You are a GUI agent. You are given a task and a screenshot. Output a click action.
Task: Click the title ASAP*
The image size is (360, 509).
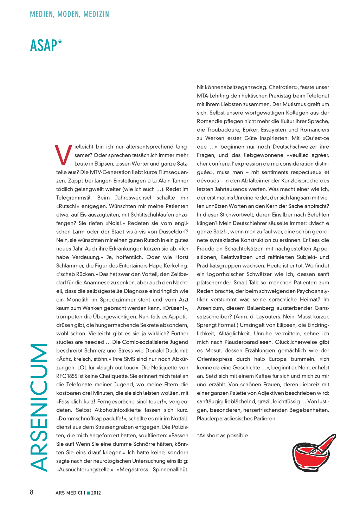[46, 46]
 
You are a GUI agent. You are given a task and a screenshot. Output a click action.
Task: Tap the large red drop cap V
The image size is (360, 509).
[64, 155]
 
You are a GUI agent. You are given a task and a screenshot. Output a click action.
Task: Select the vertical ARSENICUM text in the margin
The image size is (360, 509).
[39, 407]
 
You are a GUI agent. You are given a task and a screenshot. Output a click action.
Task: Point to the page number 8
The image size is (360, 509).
[32, 492]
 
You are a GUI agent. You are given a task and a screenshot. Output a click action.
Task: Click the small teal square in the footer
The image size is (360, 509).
[88, 493]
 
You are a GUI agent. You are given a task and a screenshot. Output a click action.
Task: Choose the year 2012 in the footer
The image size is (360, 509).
[96, 493]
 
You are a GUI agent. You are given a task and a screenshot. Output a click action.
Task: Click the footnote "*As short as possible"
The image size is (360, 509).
[222, 436]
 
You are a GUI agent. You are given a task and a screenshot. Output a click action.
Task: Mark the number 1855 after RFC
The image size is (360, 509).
[72, 376]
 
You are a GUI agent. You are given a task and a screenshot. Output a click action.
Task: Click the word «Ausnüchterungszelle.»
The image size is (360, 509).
[85, 470]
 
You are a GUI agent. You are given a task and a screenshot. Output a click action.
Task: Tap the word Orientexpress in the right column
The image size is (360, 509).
[214, 359]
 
